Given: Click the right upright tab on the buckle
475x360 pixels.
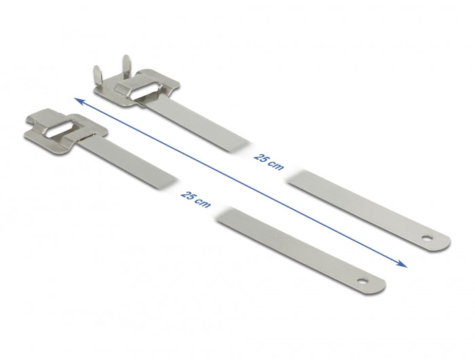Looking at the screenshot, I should (121, 67).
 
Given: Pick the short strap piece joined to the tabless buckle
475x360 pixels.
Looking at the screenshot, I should (129, 156).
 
